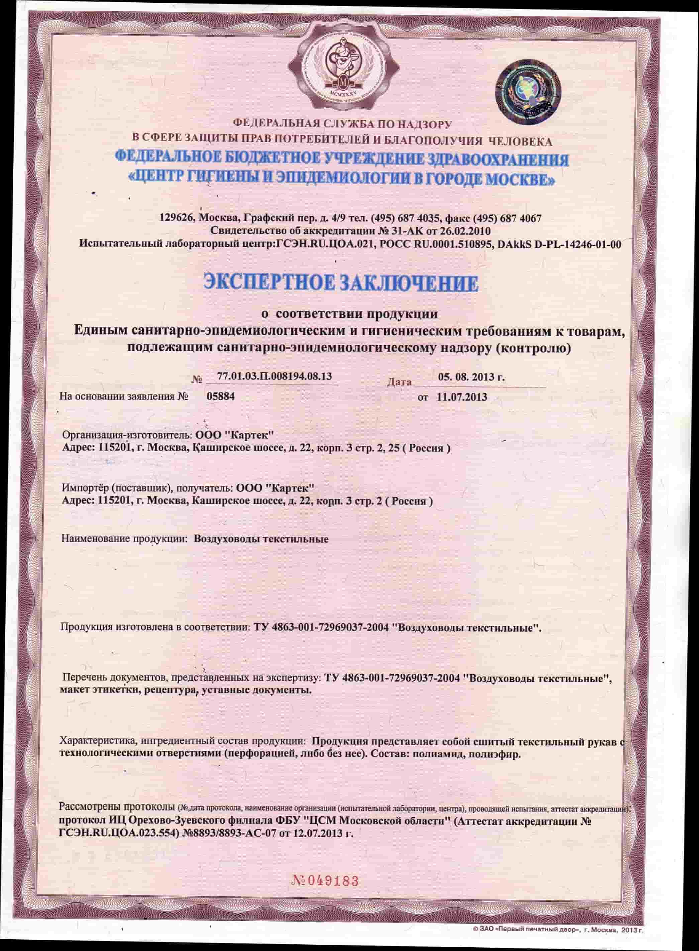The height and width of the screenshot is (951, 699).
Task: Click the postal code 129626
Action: pyautogui.click(x=177, y=218)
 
